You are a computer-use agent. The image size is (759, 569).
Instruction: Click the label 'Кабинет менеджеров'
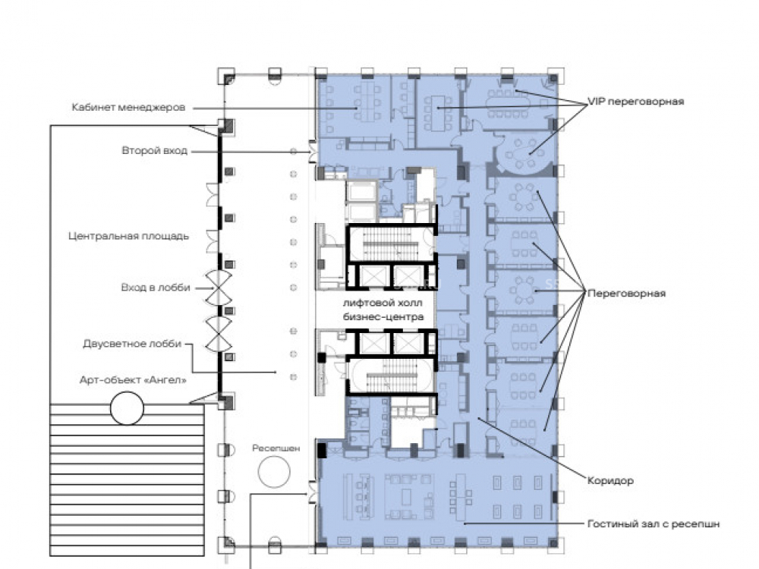point(128,108)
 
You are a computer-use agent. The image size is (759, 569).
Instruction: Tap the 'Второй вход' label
point(154,150)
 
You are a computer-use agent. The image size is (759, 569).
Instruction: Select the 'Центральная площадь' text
point(128,236)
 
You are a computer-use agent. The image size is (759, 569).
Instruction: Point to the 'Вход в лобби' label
point(156,288)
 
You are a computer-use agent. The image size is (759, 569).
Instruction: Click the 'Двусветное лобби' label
point(132,344)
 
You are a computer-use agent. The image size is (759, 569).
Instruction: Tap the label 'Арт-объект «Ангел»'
point(133,380)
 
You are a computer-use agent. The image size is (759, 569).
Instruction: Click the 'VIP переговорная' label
point(635,102)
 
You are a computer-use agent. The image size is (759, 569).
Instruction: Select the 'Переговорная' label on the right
point(626,293)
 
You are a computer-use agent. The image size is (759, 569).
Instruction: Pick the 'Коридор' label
point(610,481)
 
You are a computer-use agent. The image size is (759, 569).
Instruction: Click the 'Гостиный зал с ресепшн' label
point(653,524)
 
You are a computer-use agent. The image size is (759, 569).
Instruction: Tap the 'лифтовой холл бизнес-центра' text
point(383,310)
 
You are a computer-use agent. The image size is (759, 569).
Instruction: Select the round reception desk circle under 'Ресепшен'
point(274,471)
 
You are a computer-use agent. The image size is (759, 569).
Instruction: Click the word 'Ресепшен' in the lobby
point(276,448)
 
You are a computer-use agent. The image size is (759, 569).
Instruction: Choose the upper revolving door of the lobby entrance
point(218,288)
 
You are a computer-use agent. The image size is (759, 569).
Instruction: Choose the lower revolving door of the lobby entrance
point(219,334)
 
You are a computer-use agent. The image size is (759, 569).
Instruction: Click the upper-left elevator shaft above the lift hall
point(372,277)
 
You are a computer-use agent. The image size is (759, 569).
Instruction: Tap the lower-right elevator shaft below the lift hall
point(408,344)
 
